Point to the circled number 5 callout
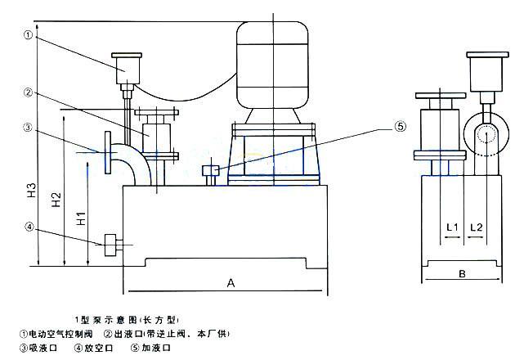[x=401, y=127]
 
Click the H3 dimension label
[x=30, y=193]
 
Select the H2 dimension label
[x=56, y=201]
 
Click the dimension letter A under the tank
[x=231, y=283]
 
